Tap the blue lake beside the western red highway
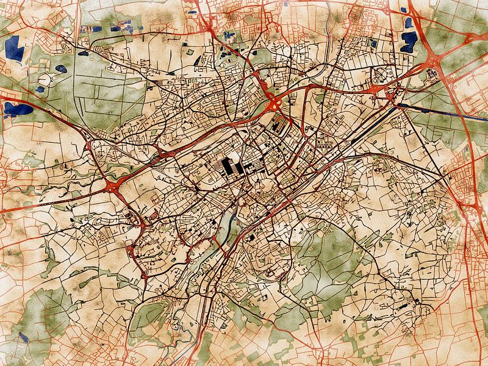point(17,109)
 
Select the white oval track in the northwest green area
point(45,79)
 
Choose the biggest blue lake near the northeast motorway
point(409,41)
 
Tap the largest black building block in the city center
point(229,166)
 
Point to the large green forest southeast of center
point(317,256)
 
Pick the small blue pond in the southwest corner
point(23,337)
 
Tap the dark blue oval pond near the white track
point(61,69)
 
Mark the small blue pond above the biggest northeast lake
point(407,23)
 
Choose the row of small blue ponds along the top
point(122,27)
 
